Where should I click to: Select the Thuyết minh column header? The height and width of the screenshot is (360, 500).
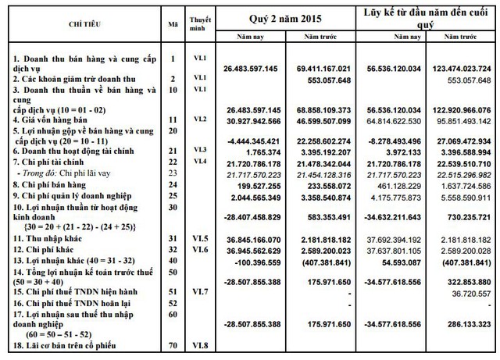[199, 22]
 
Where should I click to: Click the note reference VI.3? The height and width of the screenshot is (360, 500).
[199, 149]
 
